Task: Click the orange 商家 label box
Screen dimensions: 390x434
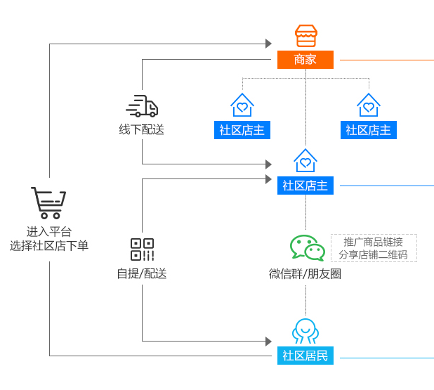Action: pyautogui.click(x=305, y=60)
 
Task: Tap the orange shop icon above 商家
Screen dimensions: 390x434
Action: pyautogui.click(x=305, y=36)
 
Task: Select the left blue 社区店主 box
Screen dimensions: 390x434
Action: pyautogui.click(x=242, y=130)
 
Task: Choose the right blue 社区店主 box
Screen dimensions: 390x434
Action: pyautogui.click(x=369, y=130)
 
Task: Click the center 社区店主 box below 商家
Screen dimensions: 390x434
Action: pyautogui.click(x=305, y=186)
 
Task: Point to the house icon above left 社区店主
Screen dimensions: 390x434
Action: pyautogui.click(x=242, y=105)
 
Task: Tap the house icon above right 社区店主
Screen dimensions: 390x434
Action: pyautogui.click(x=369, y=105)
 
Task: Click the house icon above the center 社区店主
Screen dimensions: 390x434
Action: pyautogui.click(x=305, y=161)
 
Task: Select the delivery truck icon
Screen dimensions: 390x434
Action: pyautogui.click(x=142, y=106)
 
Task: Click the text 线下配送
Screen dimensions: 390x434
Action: pyautogui.click(x=141, y=129)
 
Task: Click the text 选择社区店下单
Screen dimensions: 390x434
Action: pyautogui.click(x=49, y=246)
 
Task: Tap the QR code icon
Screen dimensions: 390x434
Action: pyautogui.click(x=142, y=249)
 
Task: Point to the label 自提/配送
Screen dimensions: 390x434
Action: pyautogui.click(x=142, y=273)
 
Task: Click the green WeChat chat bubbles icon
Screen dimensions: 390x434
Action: pyautogui.click(x=308, y=248)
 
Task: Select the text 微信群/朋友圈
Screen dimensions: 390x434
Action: pyautogui.click(x=305, y=274)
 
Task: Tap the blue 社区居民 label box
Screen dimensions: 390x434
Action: pyautogui.click(x=305, y=356)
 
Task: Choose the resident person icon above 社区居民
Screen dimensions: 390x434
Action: pyautogui.click(x=305, y=331)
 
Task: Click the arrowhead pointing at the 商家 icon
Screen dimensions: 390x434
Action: pyautogui.click(x=268, y=44)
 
